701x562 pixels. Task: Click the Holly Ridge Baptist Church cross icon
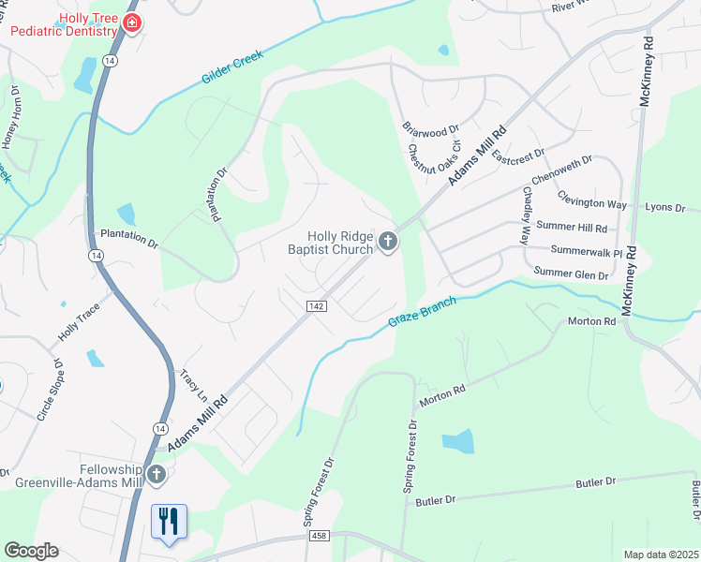388,244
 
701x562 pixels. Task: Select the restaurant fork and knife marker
169,521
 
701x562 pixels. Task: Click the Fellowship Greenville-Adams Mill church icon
157,476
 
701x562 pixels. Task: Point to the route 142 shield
316,306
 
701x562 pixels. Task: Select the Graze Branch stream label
422,313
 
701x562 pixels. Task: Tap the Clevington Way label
591,200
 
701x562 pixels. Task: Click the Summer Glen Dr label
572,273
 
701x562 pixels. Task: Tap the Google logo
31,551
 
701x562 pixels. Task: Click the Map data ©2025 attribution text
661,555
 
